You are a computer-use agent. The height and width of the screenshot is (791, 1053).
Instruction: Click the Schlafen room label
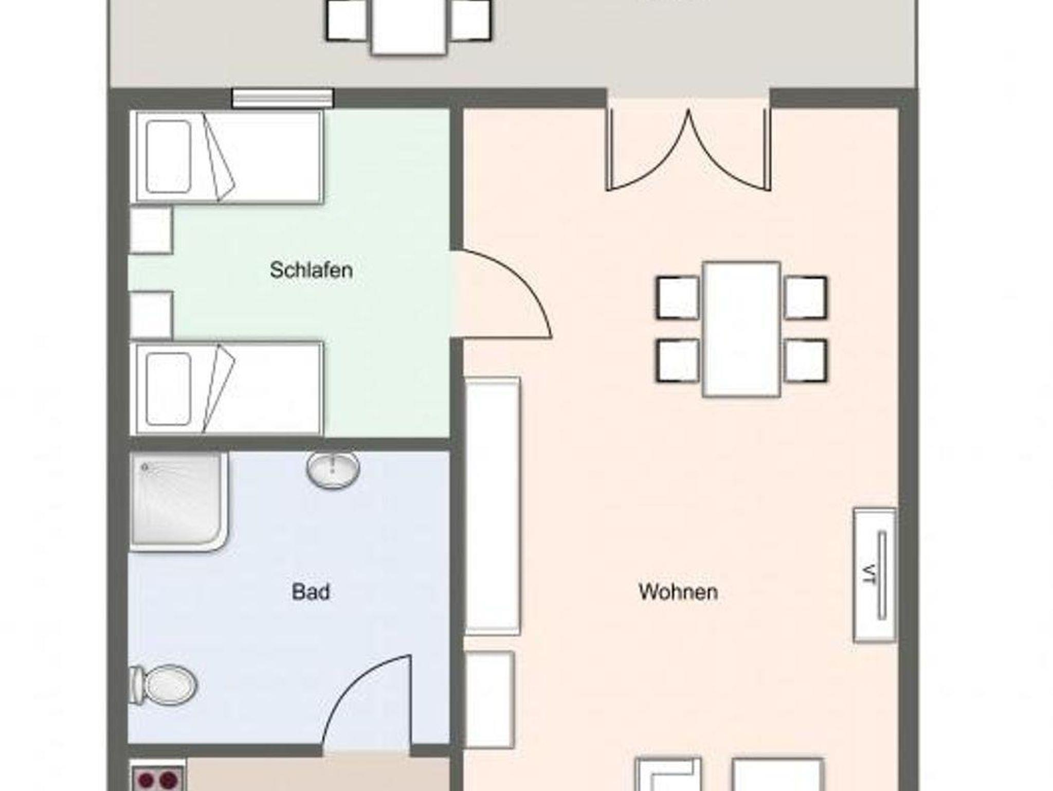[311, 271]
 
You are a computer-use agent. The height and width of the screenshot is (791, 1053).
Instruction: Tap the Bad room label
[311, 592]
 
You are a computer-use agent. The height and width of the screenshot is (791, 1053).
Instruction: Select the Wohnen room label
[678, 592]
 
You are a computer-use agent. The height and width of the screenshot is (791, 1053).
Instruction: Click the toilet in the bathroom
[163, 686]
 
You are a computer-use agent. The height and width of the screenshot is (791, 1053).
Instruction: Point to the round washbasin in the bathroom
[333, 469]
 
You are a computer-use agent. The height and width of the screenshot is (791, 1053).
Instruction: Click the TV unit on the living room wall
[875, 575]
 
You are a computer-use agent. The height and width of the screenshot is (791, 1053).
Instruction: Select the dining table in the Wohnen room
[741, 329]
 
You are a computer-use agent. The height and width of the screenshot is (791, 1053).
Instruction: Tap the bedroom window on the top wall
[283, 98]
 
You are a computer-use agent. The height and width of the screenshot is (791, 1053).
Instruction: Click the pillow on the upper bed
[169, 157]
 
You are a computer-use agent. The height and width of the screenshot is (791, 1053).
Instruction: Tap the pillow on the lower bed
[169, 389]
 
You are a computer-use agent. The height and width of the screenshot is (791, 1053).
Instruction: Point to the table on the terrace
[408, 26]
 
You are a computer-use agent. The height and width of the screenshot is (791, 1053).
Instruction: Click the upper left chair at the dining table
[678, 298]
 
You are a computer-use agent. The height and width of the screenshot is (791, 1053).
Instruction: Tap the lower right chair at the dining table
[806, 361]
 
